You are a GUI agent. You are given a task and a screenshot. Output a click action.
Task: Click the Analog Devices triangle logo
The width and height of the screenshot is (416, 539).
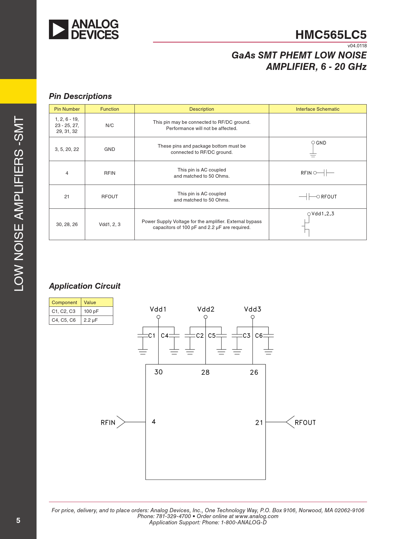click(x=59, y=29)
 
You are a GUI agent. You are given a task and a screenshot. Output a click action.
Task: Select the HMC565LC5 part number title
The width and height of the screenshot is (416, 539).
click(x=331, y=35)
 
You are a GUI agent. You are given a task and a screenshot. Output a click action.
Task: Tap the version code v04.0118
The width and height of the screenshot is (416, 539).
click(x=357, y=46)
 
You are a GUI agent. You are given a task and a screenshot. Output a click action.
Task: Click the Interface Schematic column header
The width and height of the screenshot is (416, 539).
click(x=317, y=109)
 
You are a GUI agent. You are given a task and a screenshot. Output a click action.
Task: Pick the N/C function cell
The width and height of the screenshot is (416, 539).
click(x=110, y=125)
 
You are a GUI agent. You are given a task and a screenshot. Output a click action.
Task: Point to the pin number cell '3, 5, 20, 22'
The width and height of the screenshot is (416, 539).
click(x=67, y=149)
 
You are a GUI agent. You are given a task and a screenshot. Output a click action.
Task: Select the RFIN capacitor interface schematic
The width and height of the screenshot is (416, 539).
click(x=317, y=173)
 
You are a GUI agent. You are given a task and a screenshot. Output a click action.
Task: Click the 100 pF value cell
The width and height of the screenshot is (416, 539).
click(x=91, y=311)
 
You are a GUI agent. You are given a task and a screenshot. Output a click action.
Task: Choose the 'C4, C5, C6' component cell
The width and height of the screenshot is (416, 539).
click(x=64, y=320)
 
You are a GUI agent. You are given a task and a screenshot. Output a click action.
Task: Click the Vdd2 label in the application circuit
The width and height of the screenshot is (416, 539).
click(x=206, y=309)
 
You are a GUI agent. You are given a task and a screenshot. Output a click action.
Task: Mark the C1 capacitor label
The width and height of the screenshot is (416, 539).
click(x=152, y=336)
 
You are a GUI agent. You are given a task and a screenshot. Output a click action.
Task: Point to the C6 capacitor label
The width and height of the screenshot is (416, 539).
click(x=259, y=336)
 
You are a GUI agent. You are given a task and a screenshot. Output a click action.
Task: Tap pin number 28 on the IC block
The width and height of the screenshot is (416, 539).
click(x=205, y=372)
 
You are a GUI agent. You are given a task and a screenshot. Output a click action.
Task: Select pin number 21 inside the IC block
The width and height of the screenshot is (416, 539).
click(x=259, y=423)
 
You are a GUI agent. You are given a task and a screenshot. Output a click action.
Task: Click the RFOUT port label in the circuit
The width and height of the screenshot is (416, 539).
click(x=305, y=423)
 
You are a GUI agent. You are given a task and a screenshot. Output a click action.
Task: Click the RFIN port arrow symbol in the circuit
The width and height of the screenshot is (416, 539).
click(x=121, y=422)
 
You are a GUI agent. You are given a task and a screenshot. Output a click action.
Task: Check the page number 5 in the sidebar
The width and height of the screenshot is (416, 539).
click(x=18, y=520)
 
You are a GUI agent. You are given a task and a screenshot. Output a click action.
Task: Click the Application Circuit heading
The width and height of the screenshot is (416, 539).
click(x=85, y=286)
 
